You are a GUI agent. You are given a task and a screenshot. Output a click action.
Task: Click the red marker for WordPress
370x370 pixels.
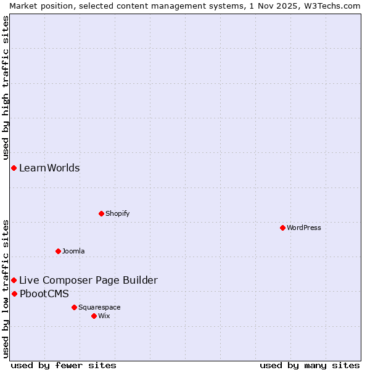282,228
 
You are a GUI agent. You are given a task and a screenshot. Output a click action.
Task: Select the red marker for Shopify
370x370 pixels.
101,213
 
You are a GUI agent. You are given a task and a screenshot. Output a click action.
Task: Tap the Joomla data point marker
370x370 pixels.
58,251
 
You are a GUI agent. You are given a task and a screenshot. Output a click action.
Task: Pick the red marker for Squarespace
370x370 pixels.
74,307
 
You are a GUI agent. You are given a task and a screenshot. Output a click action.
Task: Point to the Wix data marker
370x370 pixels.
94,316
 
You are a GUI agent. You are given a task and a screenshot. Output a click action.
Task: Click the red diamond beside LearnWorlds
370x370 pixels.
14,168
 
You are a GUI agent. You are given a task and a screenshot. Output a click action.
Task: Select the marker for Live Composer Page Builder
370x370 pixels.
14,280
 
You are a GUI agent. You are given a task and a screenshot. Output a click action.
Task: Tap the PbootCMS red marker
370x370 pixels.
14,294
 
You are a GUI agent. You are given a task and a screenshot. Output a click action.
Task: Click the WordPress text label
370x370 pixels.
304,228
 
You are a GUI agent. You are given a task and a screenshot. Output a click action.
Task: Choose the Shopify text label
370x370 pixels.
117,213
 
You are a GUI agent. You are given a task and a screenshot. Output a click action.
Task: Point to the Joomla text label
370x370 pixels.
73,251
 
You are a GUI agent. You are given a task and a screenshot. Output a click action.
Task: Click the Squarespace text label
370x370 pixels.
99,307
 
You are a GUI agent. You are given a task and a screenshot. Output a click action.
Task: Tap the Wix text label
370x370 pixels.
104,316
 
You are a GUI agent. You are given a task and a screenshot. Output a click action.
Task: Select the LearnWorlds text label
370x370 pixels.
49,168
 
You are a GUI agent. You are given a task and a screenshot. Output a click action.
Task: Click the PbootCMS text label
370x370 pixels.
44,294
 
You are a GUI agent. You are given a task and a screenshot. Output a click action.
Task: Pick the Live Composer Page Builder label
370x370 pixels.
88,280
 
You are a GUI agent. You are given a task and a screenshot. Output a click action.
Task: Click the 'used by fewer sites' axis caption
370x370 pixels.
64,365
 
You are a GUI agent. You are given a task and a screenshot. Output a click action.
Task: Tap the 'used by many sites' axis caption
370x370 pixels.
310,365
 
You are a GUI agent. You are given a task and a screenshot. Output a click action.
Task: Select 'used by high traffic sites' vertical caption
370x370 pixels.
6,83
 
